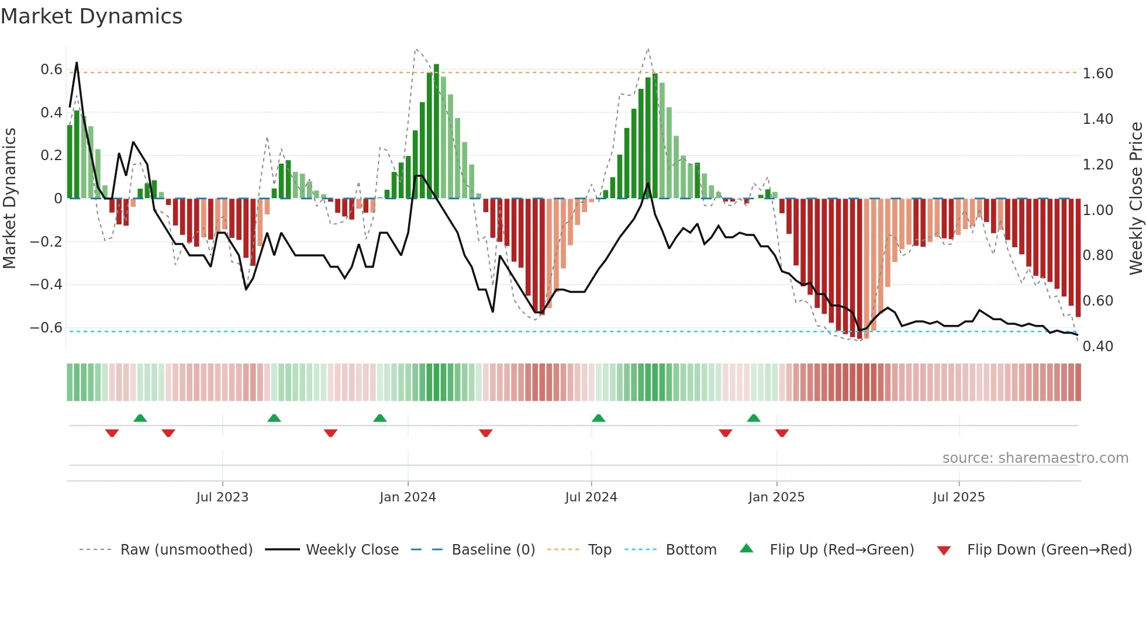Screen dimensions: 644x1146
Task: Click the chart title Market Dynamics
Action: [x=91, y=16]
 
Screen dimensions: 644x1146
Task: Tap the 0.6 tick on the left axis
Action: [x=51, y=70]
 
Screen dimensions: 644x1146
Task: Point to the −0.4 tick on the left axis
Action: [x=46, y=285]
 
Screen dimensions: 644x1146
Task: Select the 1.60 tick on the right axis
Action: [x=1097, y=74]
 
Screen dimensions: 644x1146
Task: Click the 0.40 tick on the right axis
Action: [x=1097, y=347]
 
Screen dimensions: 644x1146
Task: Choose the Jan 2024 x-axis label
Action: [x=408, y=497]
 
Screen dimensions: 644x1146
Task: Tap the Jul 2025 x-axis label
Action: [x=958, y=497]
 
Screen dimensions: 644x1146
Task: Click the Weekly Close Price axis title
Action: [x=1135, y=199]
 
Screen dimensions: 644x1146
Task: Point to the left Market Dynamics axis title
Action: [x=9, y=199]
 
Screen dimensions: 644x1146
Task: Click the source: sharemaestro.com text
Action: [x=1035, y=458]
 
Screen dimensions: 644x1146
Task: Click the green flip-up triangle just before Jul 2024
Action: [x=598, y=418]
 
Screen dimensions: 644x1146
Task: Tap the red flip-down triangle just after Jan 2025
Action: [x=782, y=433]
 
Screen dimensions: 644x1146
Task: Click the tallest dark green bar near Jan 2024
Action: [x=436, y=131]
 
